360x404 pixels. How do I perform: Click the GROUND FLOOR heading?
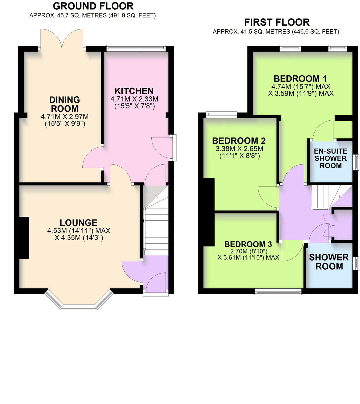click(93, 6)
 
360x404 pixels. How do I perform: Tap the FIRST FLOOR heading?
click(277, 22)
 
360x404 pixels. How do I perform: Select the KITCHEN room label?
click(134, 91)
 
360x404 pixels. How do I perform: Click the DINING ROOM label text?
click(65, 104)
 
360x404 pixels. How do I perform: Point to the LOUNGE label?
click(79, 222)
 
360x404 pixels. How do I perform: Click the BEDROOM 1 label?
click(300, 79)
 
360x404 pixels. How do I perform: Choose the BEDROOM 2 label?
click(239, 141)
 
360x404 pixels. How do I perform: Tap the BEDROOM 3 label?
click(248, 244)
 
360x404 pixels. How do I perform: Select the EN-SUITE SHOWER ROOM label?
click(331, 158)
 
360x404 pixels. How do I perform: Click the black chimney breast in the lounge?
click(24, 238)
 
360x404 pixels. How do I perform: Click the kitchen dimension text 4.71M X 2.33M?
click(134, 99)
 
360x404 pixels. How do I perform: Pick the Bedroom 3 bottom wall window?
click(278, 292)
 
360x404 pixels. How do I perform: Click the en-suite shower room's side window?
click(356, 162)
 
